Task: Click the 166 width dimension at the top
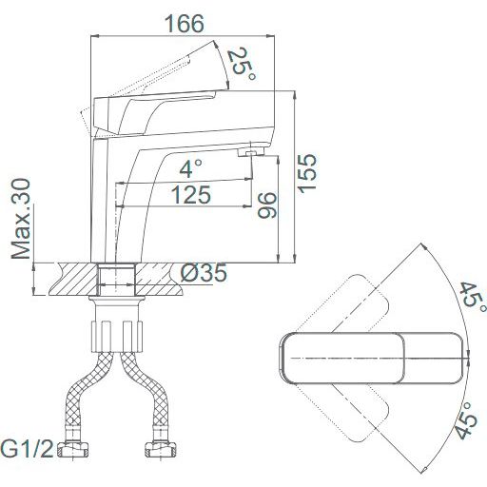[x=185, y=24]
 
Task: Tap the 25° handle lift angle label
[x=243, y=65]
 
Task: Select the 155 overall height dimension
[x=307, y=173]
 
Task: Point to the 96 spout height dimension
[x=267, y=205]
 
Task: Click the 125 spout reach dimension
[x=191, y=195]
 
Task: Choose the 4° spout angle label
[x=190, y=168]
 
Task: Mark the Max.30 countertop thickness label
[x=21, y=219]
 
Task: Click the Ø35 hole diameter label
[x=204, y=273]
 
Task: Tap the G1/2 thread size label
[x=27, y=449]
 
